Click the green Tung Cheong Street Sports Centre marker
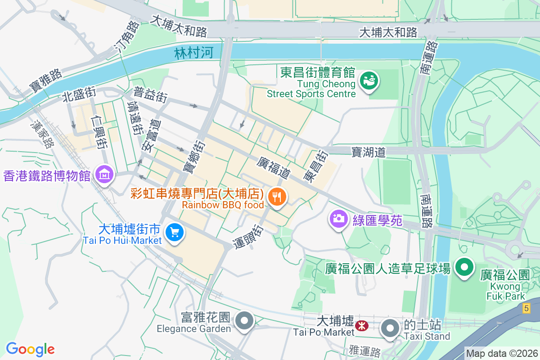[x=369, y=81]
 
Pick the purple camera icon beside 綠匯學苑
[x=338, y=219]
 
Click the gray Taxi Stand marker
[x=390, y=328]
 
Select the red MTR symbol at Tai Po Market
[x=361, y=325]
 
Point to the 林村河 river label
[x=193, y=54]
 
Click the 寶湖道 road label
[x=369, y=153]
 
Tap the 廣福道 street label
[x=274, y=167]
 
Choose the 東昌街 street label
[x=315, y=166]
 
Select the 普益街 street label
[x=150, y=95]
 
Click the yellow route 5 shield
[x=526, y=308]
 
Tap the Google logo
[x=30, y=349]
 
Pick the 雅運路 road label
[x=365, y=350]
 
